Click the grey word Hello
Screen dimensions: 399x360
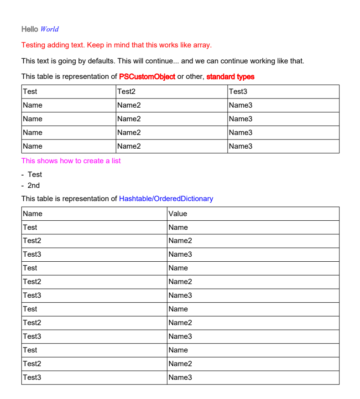point(30,29)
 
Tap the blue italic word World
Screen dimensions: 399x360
point(50,29)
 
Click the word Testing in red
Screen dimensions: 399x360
point(33,45)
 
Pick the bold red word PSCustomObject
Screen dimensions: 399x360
point(147,77)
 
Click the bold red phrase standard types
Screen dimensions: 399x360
point(230,77)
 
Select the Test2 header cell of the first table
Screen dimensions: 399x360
point(126,92)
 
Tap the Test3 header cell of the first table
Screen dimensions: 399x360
point(238,92)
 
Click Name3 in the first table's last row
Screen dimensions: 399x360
point(240,146)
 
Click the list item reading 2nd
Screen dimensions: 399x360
point(34,186)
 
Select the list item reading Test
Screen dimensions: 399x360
point(35,175)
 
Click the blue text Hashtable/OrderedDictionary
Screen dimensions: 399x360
point(166,199)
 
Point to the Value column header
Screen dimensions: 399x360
point(178,214)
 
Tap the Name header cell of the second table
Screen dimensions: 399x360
point(32,214)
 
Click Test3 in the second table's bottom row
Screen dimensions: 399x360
point(32,378)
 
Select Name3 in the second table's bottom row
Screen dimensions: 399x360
point(180,378)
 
